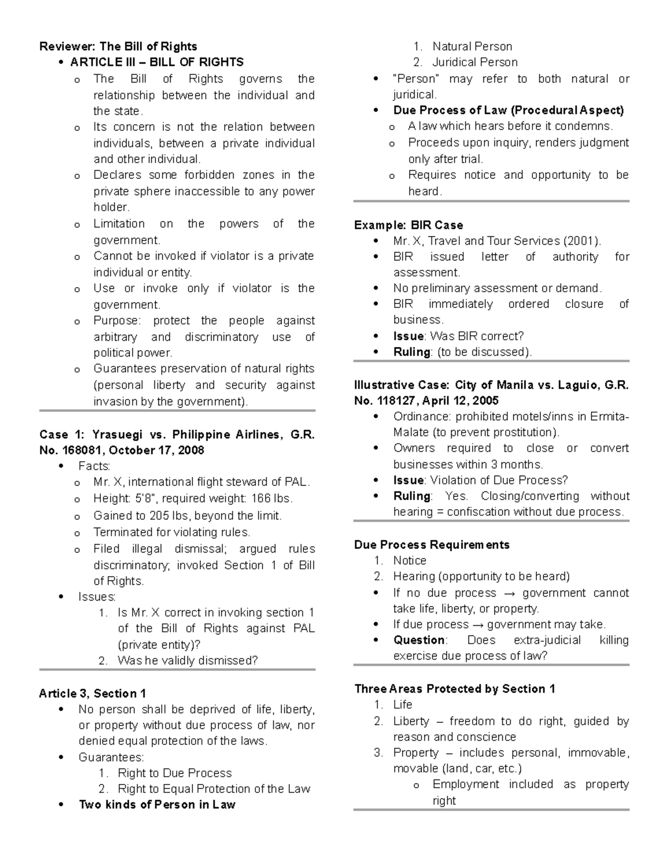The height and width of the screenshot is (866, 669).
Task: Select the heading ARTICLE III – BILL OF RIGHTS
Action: tap(157, 62)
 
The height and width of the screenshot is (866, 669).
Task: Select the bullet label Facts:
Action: tap(94, 466)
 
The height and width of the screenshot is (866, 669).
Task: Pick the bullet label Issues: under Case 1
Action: tap(97, 597)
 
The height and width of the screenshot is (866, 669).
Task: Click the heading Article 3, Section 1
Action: tap(93, 693)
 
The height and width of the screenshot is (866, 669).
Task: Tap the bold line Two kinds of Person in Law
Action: tap(157, 804)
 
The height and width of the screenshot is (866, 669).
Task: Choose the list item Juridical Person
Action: tap(475, 62)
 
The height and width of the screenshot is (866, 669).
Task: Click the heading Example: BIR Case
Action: tap(408, 225)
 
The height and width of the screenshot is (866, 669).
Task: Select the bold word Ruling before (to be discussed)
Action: tap(411, 352)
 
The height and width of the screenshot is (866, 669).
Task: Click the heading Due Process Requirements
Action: tap(432, 544)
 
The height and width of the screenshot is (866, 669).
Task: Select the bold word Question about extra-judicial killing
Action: tap(419, 640)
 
